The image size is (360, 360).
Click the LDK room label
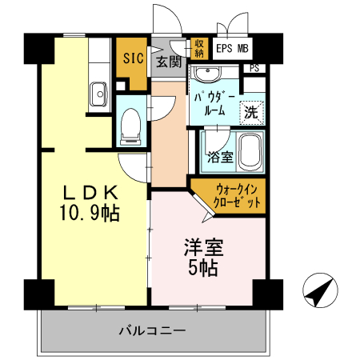tap(91, 192)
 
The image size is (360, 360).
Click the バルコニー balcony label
tap(152, 330)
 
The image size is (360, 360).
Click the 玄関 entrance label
tap(169, 62)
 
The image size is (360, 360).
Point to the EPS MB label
tap(233, 48)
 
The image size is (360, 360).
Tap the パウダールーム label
tap(213, 104)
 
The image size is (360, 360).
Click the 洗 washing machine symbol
tap(250, 112)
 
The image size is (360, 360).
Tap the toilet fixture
tap(130, 126)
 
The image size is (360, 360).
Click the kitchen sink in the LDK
tap(99, 94)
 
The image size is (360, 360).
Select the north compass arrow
tap(319, 291)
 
